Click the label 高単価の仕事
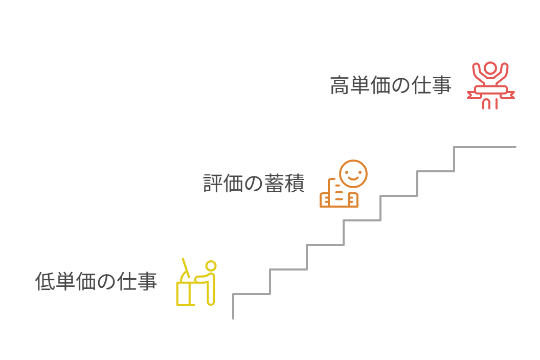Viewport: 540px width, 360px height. (391, 85)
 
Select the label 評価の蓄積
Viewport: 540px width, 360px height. (254, 184)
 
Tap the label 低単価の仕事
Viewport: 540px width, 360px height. (96, 281)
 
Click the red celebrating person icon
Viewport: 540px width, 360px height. (490, 85)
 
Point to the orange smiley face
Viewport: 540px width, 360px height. (353, 174)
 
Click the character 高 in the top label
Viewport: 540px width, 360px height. (340, 85)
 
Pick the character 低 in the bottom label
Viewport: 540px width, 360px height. (45, 281)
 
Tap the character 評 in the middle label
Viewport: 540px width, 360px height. (213, 184)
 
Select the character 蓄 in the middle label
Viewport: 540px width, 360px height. (274, 184)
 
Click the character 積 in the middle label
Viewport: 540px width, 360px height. (295, 184)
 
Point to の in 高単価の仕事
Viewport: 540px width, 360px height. (401, 85)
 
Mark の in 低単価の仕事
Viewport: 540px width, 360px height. (106, 281)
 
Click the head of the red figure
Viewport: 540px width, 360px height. (490, 68)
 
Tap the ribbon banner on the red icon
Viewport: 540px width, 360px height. (490, 92)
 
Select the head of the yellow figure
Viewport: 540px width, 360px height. (211, 266)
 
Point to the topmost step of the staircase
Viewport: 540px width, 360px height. (485, 147)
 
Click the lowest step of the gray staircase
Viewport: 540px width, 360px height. (251, 294)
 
